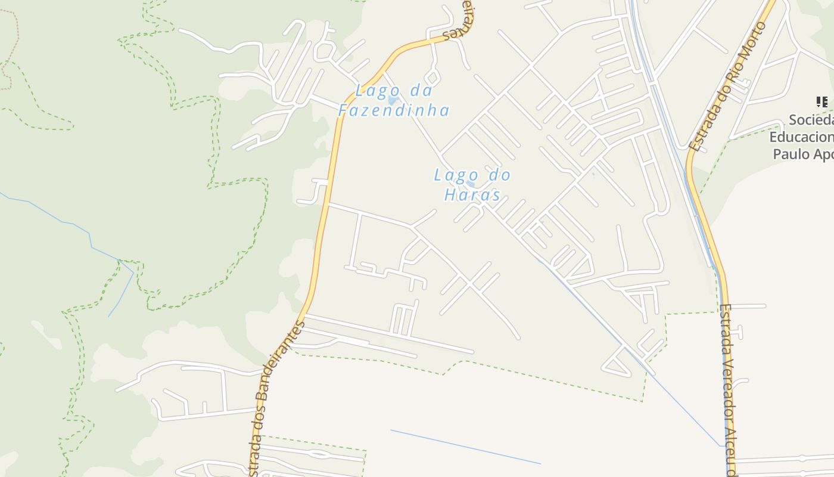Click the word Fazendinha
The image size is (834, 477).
394,110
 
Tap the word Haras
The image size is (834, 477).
472,195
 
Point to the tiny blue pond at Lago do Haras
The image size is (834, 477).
471,185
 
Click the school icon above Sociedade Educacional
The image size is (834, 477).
822,102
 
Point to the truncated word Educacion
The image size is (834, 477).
801,137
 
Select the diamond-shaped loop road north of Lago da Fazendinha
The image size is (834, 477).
433,76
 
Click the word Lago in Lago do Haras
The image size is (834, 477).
456,175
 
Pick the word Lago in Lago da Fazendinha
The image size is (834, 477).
375,91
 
